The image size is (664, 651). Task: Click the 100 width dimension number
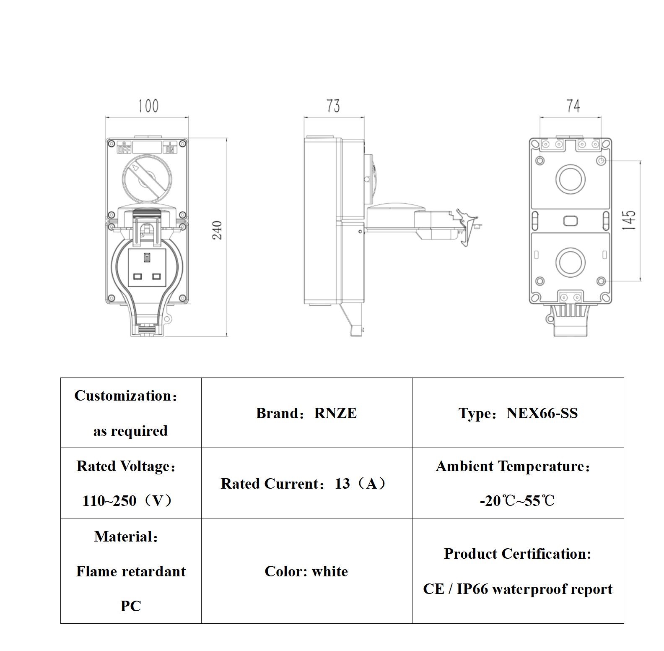point(148,106)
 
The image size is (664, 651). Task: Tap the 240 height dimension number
point(217,230)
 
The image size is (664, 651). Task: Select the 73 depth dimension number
point(333,106)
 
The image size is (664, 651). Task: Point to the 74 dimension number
point(573,106)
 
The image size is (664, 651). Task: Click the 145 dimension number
point(629,220)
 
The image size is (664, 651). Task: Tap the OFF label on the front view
point(124,149)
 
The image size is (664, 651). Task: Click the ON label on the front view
point(170,149)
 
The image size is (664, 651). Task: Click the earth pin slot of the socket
point(147,258)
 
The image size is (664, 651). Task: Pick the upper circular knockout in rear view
point(570,179)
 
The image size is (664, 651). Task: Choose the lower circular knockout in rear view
point(570,262)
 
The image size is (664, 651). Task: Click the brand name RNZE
point(335,413)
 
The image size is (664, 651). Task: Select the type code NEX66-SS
point(542,413)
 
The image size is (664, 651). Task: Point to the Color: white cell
point(306,571)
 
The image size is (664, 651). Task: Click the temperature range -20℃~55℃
point(517,501)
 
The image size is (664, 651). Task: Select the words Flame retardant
point(131,571)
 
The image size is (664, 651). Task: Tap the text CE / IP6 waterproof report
point(517,589)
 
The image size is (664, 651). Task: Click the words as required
point(130,431)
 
